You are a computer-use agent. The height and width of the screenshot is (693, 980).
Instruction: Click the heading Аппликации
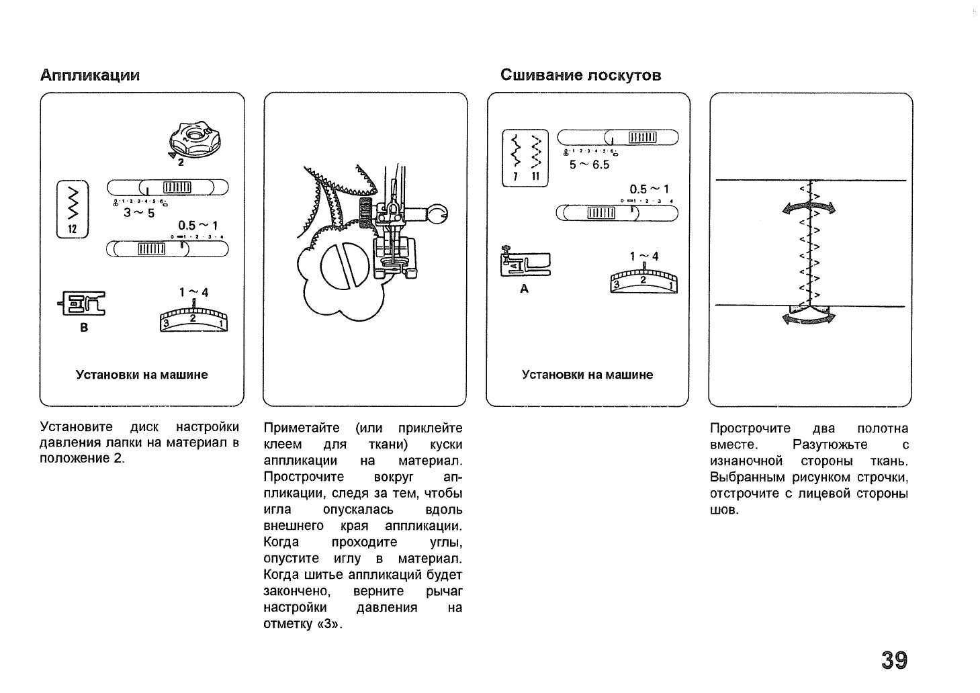tap(89, 75)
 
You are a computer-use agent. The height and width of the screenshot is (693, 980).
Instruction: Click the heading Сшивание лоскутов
tap(580, 75)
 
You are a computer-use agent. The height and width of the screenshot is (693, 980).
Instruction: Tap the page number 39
tap(894, 660)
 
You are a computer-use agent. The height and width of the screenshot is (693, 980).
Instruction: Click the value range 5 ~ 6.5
tap(589, 165)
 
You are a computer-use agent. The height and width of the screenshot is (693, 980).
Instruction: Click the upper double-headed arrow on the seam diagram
tap(809, 209)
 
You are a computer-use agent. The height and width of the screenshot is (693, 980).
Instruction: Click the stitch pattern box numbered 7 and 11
tap(526, 157)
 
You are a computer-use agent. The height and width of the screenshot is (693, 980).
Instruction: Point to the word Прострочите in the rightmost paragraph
tap(750, 428)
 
